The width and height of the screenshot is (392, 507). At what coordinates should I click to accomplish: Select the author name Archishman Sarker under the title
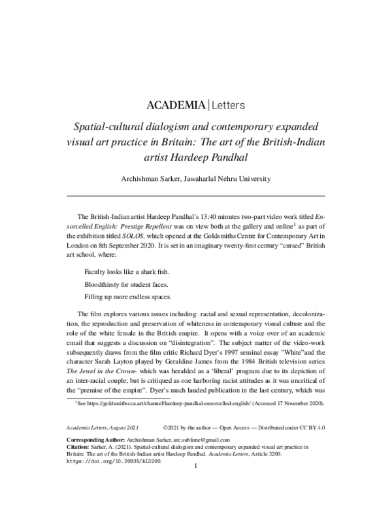154,179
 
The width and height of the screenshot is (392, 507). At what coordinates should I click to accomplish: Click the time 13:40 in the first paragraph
210,216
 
